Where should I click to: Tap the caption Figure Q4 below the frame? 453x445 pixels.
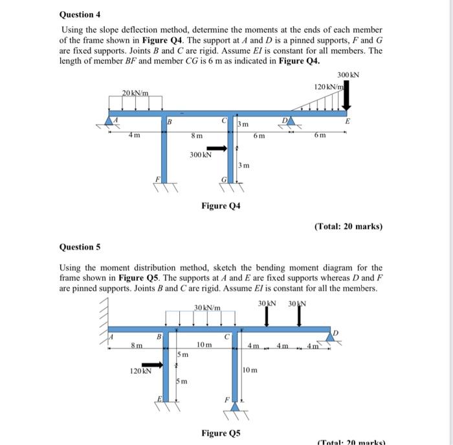[221, 206]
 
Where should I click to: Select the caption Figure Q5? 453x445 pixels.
[221, 432]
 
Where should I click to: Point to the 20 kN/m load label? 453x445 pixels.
[136, 93]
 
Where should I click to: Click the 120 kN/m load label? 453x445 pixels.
[327, 86]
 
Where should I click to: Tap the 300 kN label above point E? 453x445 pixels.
[348, 75]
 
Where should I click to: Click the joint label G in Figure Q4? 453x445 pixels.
[224, 179]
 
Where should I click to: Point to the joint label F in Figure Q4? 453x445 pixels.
[156, 179]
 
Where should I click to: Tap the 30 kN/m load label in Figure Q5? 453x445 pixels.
[207, 307]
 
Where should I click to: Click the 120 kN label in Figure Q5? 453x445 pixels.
[140, 371]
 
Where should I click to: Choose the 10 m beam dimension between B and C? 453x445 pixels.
[204, 345]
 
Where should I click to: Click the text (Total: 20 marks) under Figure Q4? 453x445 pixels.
[348, 226]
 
